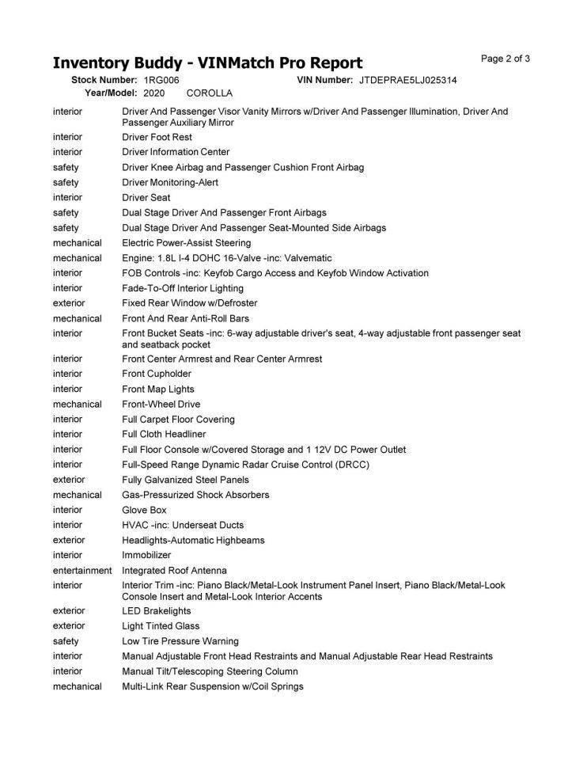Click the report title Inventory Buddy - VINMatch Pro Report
tap(207, 63)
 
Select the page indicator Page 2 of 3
tap(506, 59)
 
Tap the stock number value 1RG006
tap(161, 81)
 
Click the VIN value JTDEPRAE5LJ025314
tap(407, 81)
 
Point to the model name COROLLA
tap(210, 93)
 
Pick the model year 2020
tap(153, 93)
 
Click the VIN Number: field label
tap(324, 81)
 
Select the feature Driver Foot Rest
tap(157, 137)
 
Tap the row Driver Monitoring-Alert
tap(170, 182)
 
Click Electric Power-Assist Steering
tap(186, 242)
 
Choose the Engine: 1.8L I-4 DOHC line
tap(226, 258)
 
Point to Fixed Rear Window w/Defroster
tap(189, 303)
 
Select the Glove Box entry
tap(144, 510)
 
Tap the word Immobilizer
tap(146, 555)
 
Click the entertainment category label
tap(82, 571)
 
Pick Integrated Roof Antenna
tap(174, 571)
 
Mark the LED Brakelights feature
tap(156, 611)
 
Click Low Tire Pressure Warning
tap(180, 641)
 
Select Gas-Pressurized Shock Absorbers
tap(195, 495)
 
